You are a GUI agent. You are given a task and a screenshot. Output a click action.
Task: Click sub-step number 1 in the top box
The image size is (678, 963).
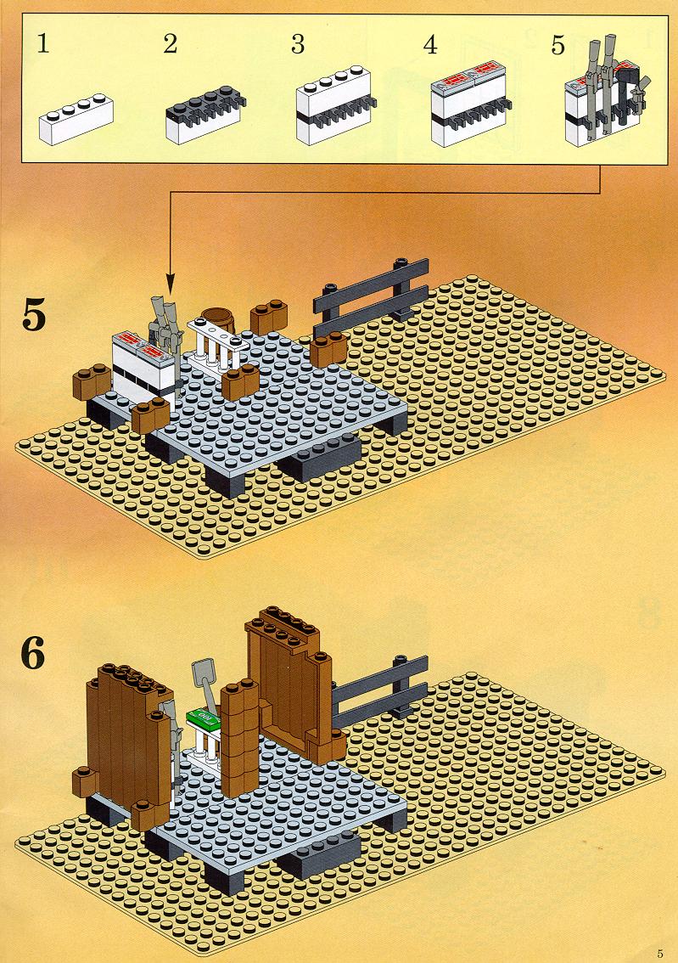point(43,44)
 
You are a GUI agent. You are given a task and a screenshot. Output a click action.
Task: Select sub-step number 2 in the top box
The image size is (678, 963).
point(171,44)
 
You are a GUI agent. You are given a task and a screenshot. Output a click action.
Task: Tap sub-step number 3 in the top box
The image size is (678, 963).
point(298,44)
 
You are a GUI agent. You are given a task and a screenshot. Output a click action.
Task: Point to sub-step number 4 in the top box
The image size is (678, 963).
point(431,44)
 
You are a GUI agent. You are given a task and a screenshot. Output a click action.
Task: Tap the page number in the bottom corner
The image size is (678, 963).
point(659,954)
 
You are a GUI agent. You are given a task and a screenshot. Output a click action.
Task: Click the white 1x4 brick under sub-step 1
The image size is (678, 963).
point(76,119)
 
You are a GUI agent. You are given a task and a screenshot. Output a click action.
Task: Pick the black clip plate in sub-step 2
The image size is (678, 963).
point(206,104)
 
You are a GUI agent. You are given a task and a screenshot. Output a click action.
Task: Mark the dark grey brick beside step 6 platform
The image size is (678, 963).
point(319,855)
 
